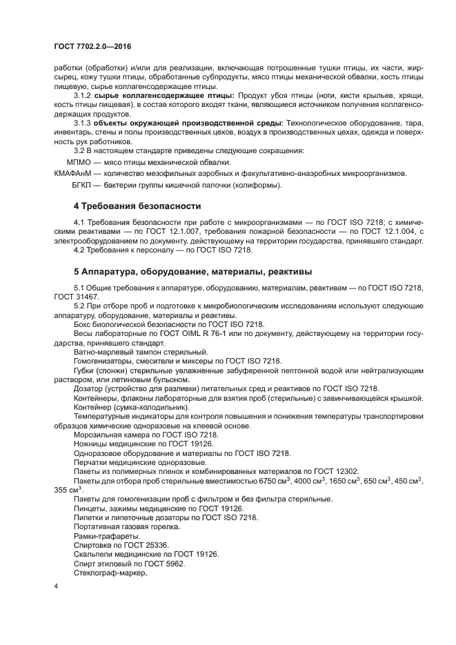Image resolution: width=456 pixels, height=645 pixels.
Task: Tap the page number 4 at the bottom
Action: [x=56, y=586]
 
